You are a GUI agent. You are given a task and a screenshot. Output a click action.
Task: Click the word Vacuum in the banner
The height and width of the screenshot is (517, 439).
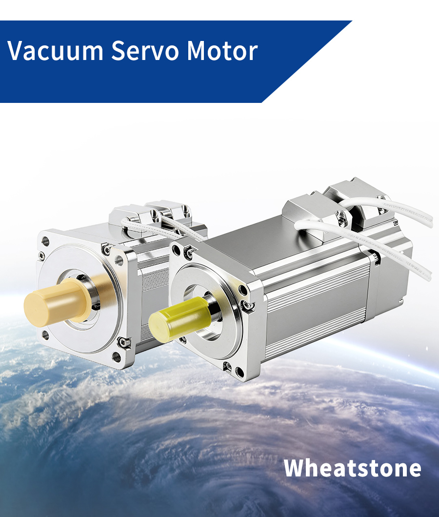56,50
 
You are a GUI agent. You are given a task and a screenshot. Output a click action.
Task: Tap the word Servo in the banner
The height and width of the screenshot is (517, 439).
145,50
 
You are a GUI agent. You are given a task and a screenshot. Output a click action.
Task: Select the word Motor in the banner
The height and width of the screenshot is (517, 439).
222,50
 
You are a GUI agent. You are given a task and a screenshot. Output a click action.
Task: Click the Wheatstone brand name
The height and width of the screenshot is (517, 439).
352,468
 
